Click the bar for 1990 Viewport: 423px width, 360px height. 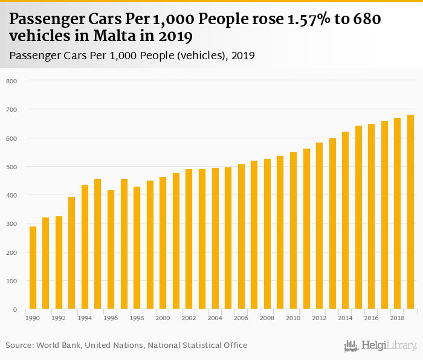[x=33, y=268]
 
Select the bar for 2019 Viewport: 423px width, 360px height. [x=410, y=212]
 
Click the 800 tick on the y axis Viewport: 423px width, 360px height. [x=11, y=81]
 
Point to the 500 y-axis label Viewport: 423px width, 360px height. [x=11, y=167]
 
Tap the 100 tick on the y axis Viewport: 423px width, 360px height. [x=11, y=281]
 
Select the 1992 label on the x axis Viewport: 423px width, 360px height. [x=59, y=317]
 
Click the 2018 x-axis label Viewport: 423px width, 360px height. [x=397, y=317]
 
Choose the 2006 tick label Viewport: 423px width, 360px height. [x=241, y=317]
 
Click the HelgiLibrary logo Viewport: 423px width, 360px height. [x=381, y=346]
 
